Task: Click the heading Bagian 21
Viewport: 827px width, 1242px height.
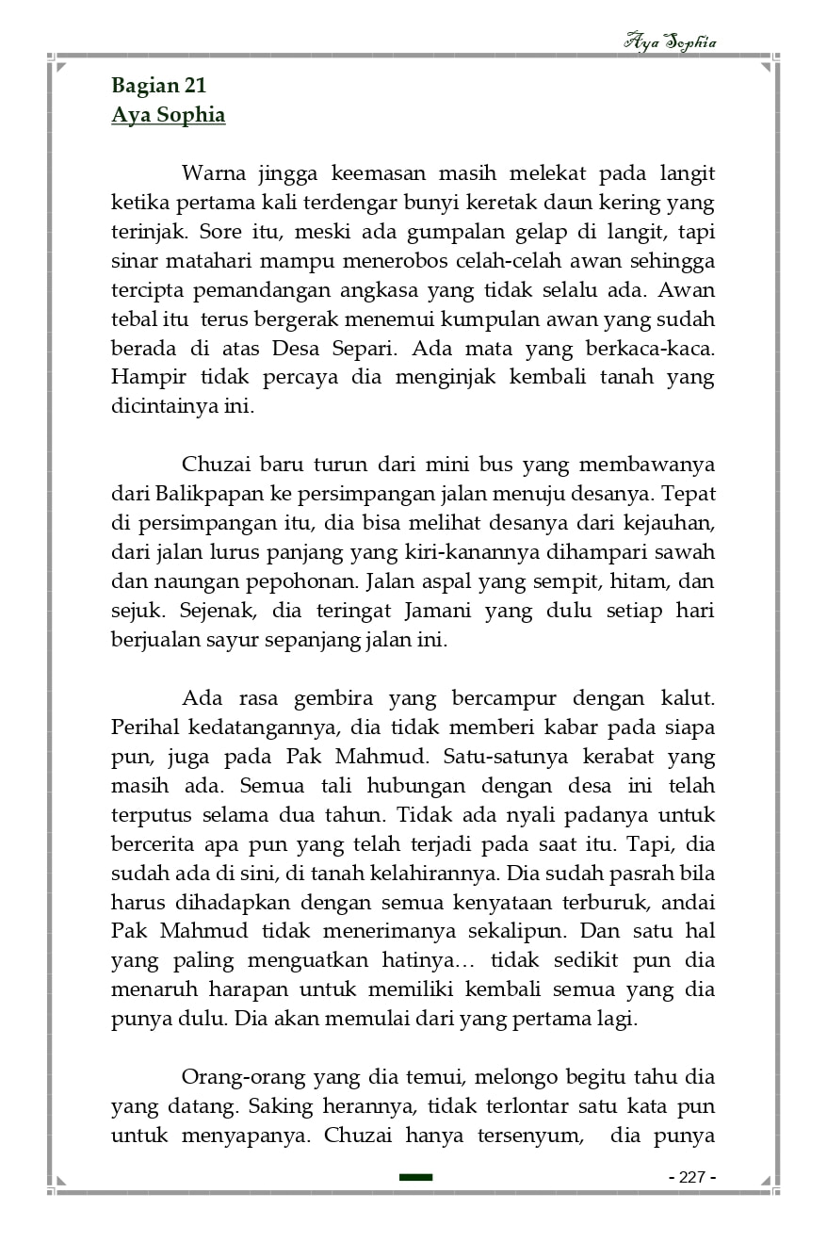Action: (x=158, y=86)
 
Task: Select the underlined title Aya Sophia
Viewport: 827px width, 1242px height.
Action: (x=168, y=116)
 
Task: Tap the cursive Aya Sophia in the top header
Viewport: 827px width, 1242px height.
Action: (x=670, y=42)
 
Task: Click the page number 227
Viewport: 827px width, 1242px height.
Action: (x=692, y=1177)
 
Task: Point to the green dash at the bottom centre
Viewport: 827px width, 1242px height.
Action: (x=415, y=1177)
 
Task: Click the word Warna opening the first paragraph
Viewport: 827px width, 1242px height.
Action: (x=213, y=173)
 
